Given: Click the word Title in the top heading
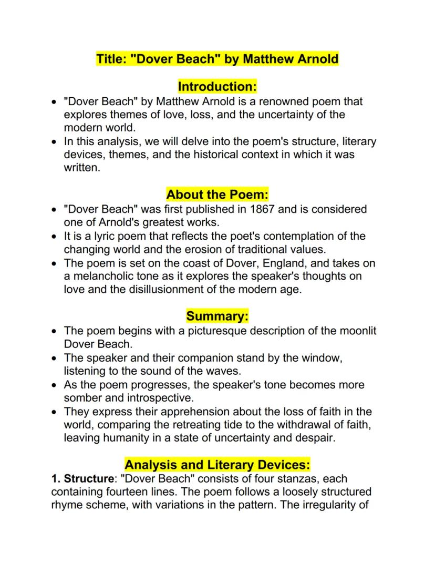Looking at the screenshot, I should point(110,58).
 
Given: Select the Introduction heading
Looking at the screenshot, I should point(217,86).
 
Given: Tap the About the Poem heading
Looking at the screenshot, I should point(217,195).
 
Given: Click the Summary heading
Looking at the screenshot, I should point(217,316).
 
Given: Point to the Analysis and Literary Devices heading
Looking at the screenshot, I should point(217,465).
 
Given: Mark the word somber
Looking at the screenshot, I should point(83,398).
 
